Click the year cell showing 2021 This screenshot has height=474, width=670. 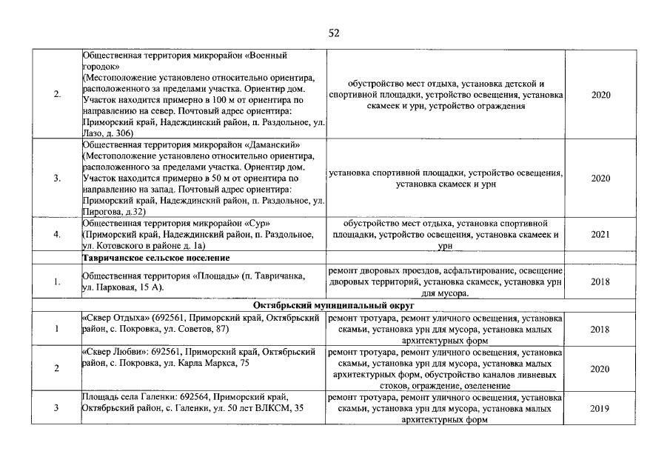click(600, 234)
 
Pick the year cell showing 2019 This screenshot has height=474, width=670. click(600, 408)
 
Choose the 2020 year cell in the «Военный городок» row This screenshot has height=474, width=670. click(600, 95)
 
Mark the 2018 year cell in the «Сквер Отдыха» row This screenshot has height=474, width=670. click(600, 329)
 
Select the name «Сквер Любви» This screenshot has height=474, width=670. click(112, 352)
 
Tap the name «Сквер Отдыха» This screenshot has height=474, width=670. click(114, 318)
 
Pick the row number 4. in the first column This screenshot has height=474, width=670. click(57, 234)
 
